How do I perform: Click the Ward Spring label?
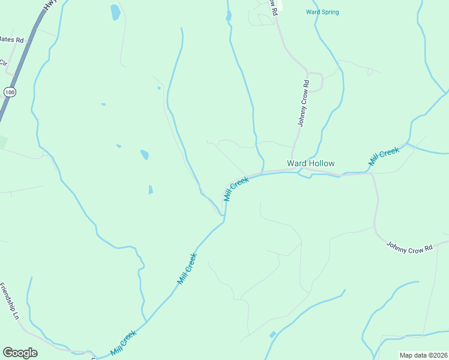[x=322, y=12]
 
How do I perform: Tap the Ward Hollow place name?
[x=310, y=163]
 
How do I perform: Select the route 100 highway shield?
[x=9, y=92]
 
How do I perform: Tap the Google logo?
[x=20, y=353]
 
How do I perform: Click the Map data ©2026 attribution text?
[x=423, y=355]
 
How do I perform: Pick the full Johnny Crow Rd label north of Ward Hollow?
[x=304, y=103]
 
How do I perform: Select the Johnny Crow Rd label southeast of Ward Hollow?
[x=409, y=247]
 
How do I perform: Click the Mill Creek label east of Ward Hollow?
[x=384, y=157]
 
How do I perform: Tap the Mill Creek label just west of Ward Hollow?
[x=236, y=188]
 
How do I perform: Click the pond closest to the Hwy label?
[x=115, y=12]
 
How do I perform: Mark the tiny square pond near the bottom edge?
[x=273, y=334]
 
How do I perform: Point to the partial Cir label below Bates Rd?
[x=3, y=63]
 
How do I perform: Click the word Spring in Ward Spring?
[x=330, y=12]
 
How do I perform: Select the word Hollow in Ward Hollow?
[x=322, y=163]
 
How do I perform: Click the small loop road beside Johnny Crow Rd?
[x=317, y=81]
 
